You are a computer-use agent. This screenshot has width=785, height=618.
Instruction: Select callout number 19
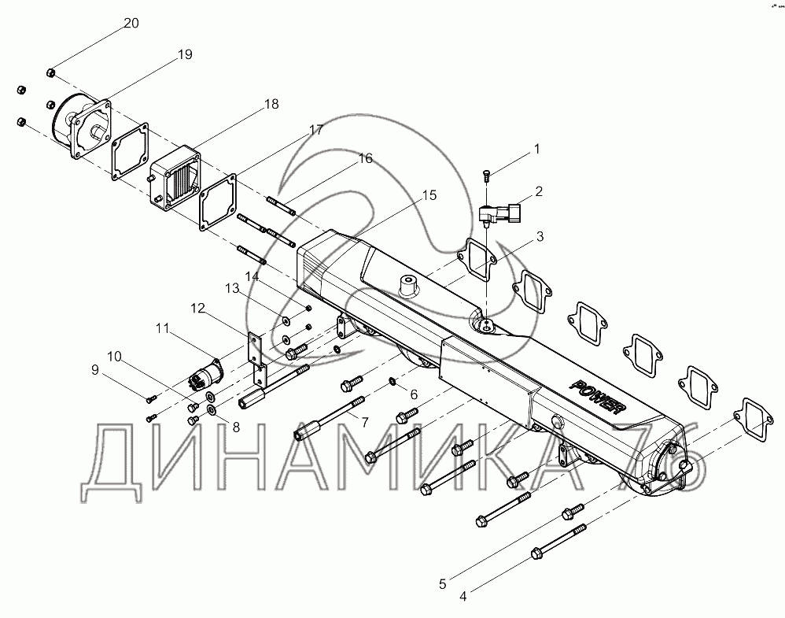click(185, 54)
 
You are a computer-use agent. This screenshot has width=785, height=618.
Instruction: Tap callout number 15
click(428, 194)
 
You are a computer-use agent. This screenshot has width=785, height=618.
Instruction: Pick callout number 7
click(364, 421)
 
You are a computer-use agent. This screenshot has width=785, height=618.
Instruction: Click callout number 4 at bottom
click(463, 596)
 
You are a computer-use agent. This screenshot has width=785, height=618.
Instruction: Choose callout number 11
click(161, 327)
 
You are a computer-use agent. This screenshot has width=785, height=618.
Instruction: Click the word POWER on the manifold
click(599, 398)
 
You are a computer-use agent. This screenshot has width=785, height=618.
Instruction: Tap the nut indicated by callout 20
click(50, 73)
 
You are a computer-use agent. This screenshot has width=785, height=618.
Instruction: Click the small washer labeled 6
click(392, 383)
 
